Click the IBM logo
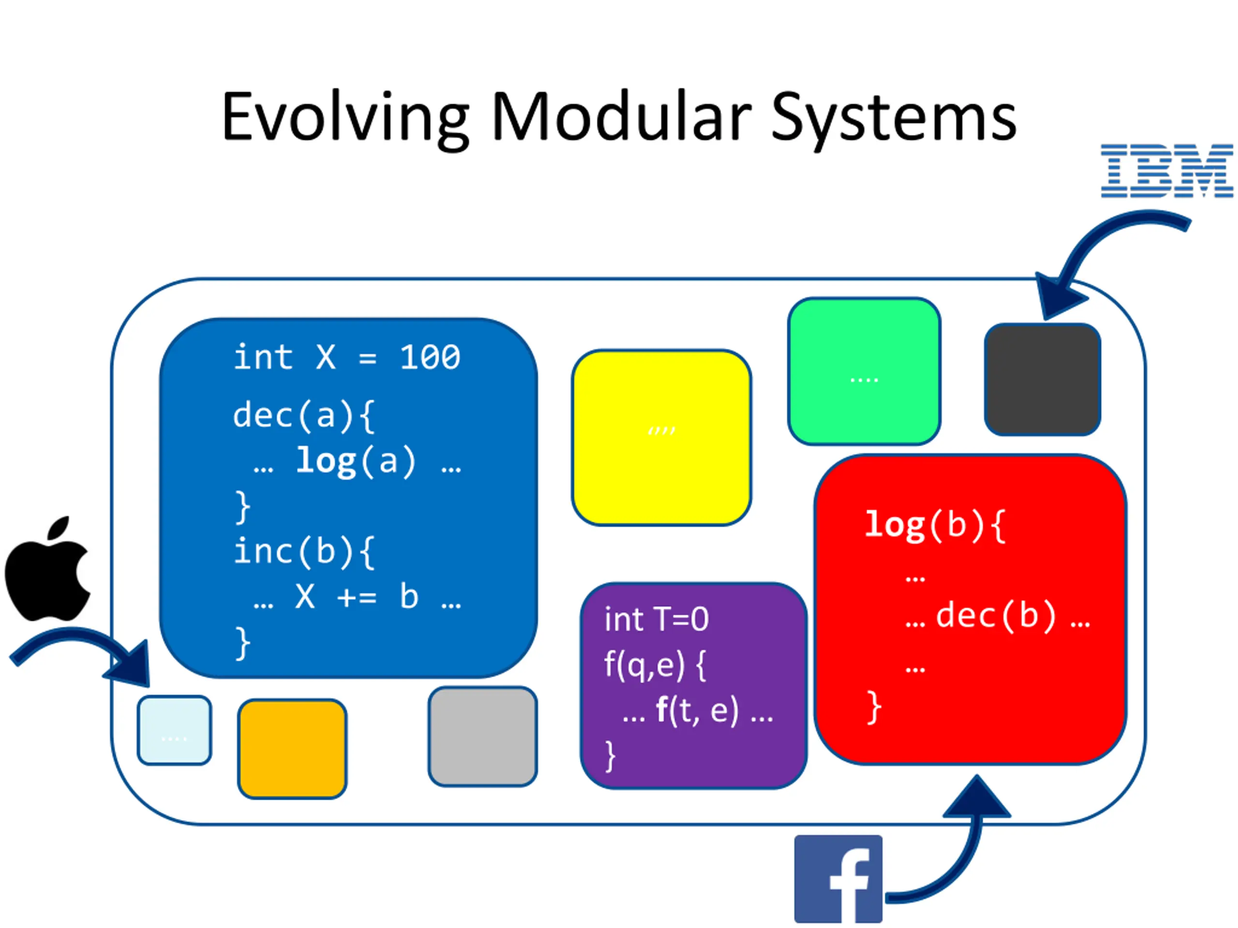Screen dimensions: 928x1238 [1166, 171]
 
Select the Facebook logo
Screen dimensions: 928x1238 [838, 879]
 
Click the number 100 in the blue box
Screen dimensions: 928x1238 [430, 358]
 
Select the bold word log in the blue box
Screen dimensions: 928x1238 [326, 462]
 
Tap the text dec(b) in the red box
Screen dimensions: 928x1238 [996, 615]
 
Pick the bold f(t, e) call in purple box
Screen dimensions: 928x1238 [697, 710]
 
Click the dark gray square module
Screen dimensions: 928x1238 [1042, 379]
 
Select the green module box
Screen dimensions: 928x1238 [864, 371]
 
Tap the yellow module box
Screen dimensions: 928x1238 [661, 437]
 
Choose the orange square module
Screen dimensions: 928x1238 [292, 748]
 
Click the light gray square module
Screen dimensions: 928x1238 [483, 736]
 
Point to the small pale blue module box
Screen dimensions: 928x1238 [174, 730]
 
